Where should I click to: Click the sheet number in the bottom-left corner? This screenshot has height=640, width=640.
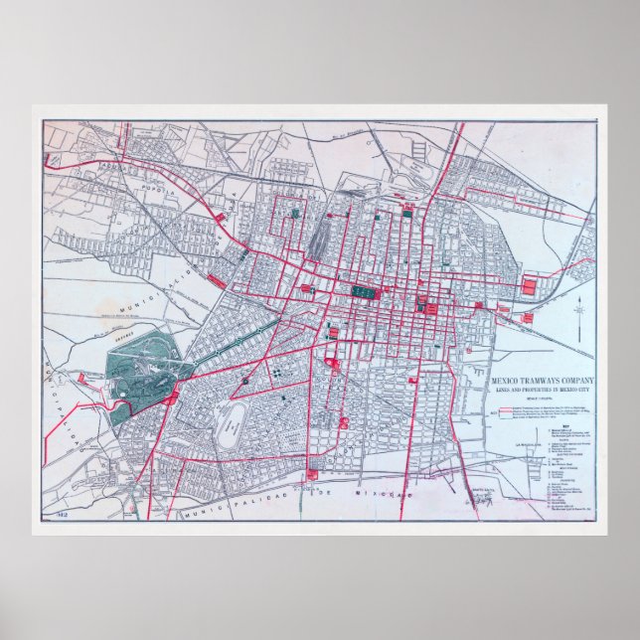coord(52,515)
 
